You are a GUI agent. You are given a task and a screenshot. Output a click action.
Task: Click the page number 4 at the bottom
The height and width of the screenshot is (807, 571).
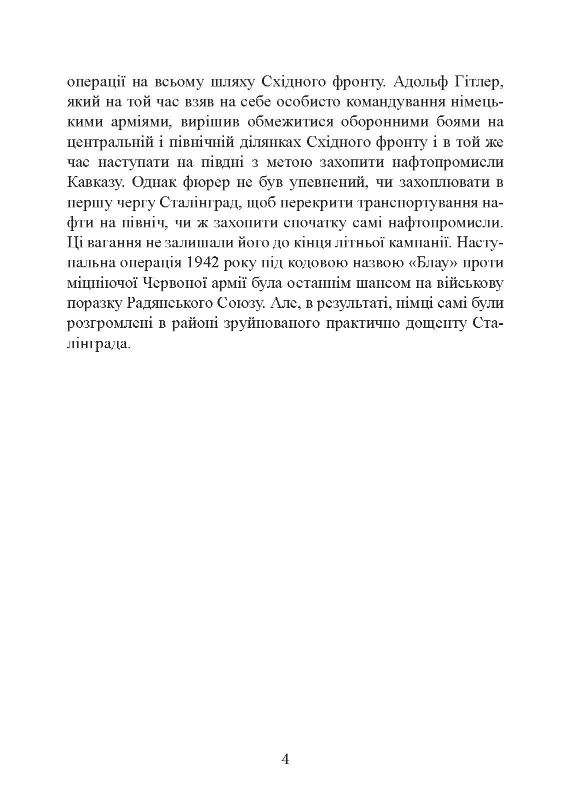point(285,761)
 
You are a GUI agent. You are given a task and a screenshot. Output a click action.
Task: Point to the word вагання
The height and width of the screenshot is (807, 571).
point(106,243)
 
